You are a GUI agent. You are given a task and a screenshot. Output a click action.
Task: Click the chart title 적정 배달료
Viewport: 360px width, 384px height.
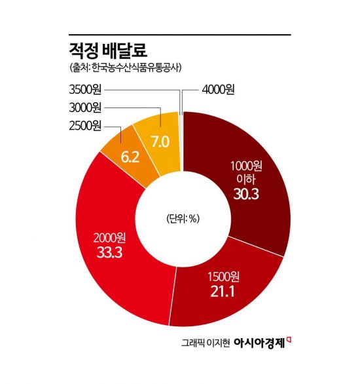108,49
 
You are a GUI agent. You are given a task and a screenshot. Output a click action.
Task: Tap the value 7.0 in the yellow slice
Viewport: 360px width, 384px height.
160,141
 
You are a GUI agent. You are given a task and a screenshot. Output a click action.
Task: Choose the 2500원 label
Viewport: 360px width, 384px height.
85,126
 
